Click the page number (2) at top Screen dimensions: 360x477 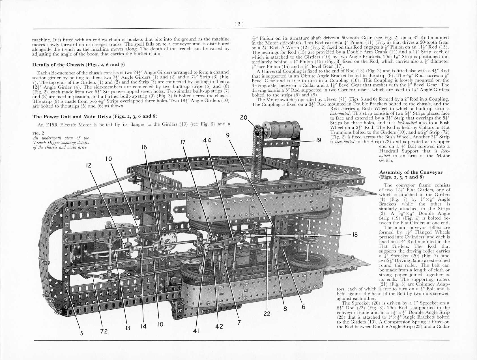[x=239, y=24]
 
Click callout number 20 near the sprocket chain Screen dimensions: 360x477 [x=244, y=117]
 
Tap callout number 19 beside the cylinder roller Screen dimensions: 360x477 [x=319, y=140]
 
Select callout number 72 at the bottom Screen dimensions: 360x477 [x=104, y=331]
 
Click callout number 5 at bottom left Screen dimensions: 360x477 [x=82, y=333]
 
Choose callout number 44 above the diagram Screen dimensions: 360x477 [x=207, y=140]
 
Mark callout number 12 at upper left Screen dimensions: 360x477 [x=89, y=165]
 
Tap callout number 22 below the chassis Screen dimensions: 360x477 [x=267, y=314]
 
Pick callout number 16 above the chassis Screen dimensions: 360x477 [x=144, y=147]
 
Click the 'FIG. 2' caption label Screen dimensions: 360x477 [x=38, y=133]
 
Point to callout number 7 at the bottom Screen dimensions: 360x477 [x=239, y=322]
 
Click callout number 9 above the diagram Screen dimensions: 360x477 [x=227, y=135]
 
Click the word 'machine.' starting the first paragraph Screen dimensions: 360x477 [x=41, y=39]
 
